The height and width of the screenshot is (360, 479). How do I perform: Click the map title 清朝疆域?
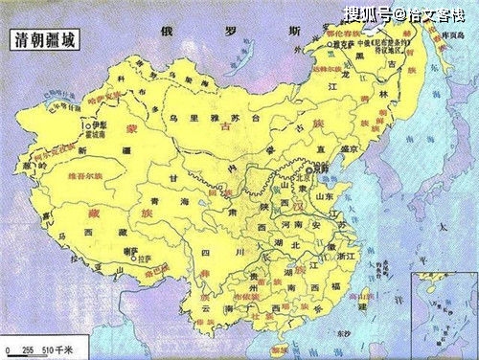coord(44,41)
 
